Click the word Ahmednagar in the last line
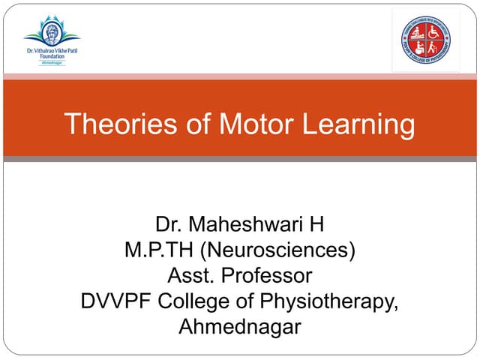pyautogui.click(x=239, y=327)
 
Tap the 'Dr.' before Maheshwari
pyautogui.click(x=169, y=224)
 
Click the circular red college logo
pyautogui.click(x=426, y=39)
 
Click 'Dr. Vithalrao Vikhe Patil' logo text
pyautogui.click(x=51, y=50)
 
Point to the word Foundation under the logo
pyautogui.click(x=51, y=56)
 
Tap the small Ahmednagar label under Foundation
pyautogui.click(x=51, y=63)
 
